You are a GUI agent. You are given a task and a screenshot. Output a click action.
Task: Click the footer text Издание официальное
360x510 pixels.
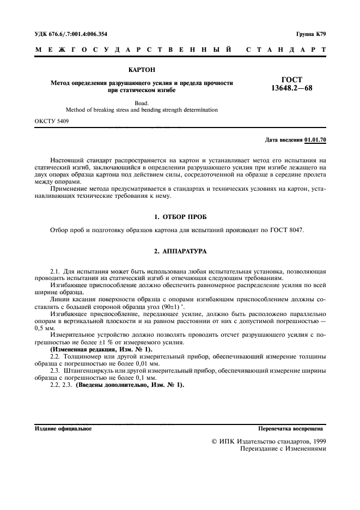click(x=63, y=429)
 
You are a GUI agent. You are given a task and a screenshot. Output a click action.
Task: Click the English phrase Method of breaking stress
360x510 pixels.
click(x=100, y=110)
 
